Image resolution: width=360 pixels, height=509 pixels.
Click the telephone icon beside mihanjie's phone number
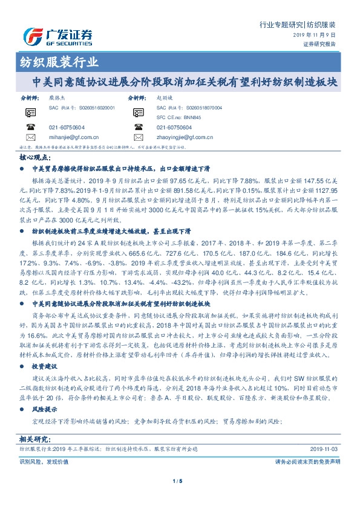click(x=30, y=128)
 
